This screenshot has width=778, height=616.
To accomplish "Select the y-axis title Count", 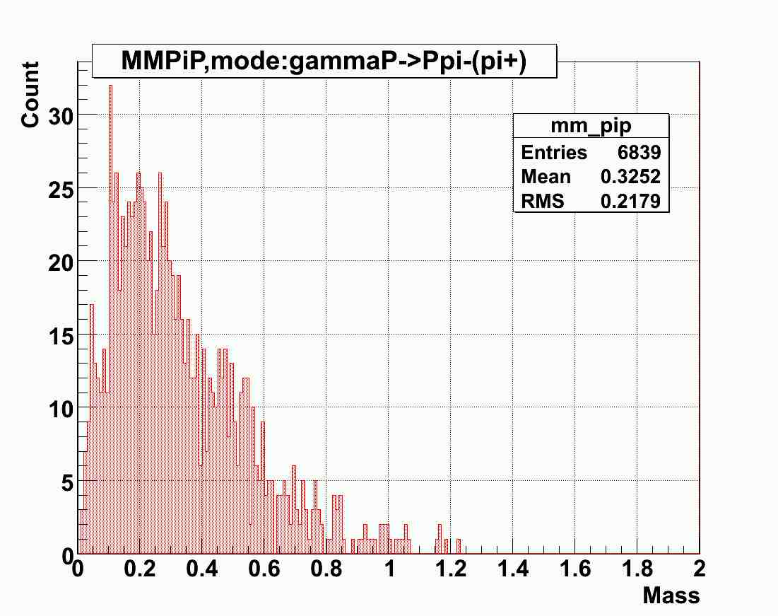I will (30, 95).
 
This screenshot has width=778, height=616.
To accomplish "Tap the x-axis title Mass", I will (671, 595).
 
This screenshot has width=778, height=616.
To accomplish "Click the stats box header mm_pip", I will (591, 126).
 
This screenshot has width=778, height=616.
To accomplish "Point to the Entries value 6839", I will (641, 153).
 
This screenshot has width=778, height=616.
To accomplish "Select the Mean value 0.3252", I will (630, 177).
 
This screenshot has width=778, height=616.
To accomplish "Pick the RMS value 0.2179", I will (630, 202).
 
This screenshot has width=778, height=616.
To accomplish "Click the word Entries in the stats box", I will (554, 153).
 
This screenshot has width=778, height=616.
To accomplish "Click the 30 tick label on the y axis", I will (62, 115).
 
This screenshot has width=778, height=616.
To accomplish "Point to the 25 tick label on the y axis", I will (62, 189).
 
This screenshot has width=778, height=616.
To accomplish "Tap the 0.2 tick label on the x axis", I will (140, 570).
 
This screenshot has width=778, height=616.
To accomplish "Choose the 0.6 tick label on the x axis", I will (264, 570).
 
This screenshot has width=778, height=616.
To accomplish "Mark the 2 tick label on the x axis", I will (699, 570).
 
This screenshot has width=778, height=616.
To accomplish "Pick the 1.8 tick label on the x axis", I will (637, 570).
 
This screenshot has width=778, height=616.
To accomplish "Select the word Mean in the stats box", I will (546, 177).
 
